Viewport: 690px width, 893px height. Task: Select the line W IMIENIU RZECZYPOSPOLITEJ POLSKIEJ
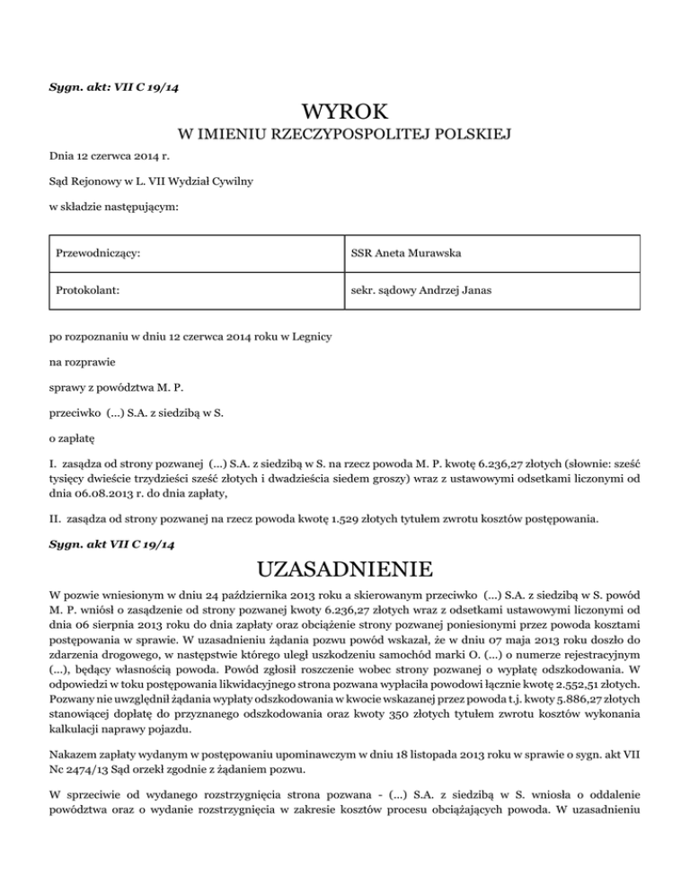(x=345, y=136)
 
